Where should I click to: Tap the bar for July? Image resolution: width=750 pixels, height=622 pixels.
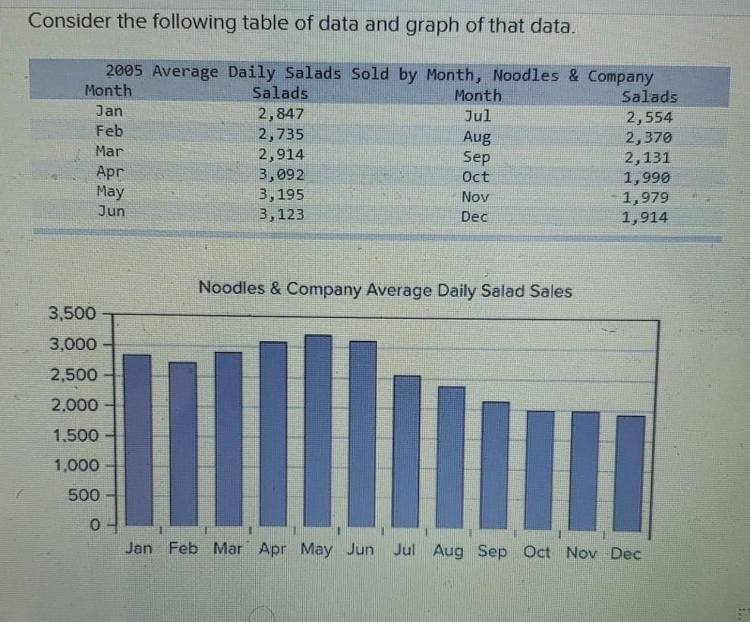(x=407, y=451)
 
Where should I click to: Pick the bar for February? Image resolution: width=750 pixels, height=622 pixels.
(x=183, y=444)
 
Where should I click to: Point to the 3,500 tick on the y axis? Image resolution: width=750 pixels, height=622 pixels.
(x=73, y=314)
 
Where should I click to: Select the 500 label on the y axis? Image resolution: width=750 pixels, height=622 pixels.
(x=84, y=495)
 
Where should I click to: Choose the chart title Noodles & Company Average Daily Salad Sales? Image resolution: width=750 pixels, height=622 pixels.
(x=385, y=290)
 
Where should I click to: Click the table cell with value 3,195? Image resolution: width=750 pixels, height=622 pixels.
(x=281, y=194)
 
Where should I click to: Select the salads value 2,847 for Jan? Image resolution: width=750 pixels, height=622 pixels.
(x=281, y=115)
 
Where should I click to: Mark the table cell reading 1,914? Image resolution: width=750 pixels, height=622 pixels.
(x=645, y=218)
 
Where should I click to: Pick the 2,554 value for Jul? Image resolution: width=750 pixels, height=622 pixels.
(x=649, y=118)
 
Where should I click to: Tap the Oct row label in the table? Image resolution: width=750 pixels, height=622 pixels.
(x=476, y=177)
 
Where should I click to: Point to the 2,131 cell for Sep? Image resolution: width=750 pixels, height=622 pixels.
(x=648, y=158)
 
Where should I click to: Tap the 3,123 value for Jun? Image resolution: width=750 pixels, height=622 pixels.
(x=281, y=215)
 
